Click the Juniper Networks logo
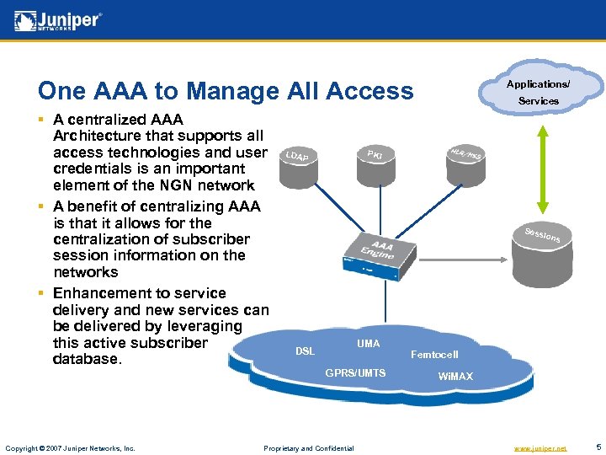point(58,20)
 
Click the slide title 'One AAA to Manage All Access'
point(226,91)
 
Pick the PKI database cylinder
point(375,163)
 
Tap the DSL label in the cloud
point(305,351)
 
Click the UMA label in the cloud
point(368,344)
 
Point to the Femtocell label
point(434,355)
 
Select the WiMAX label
point(455,376)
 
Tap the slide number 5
point(597,447)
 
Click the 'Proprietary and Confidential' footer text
point(309,448)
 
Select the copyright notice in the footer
point(70,448)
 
